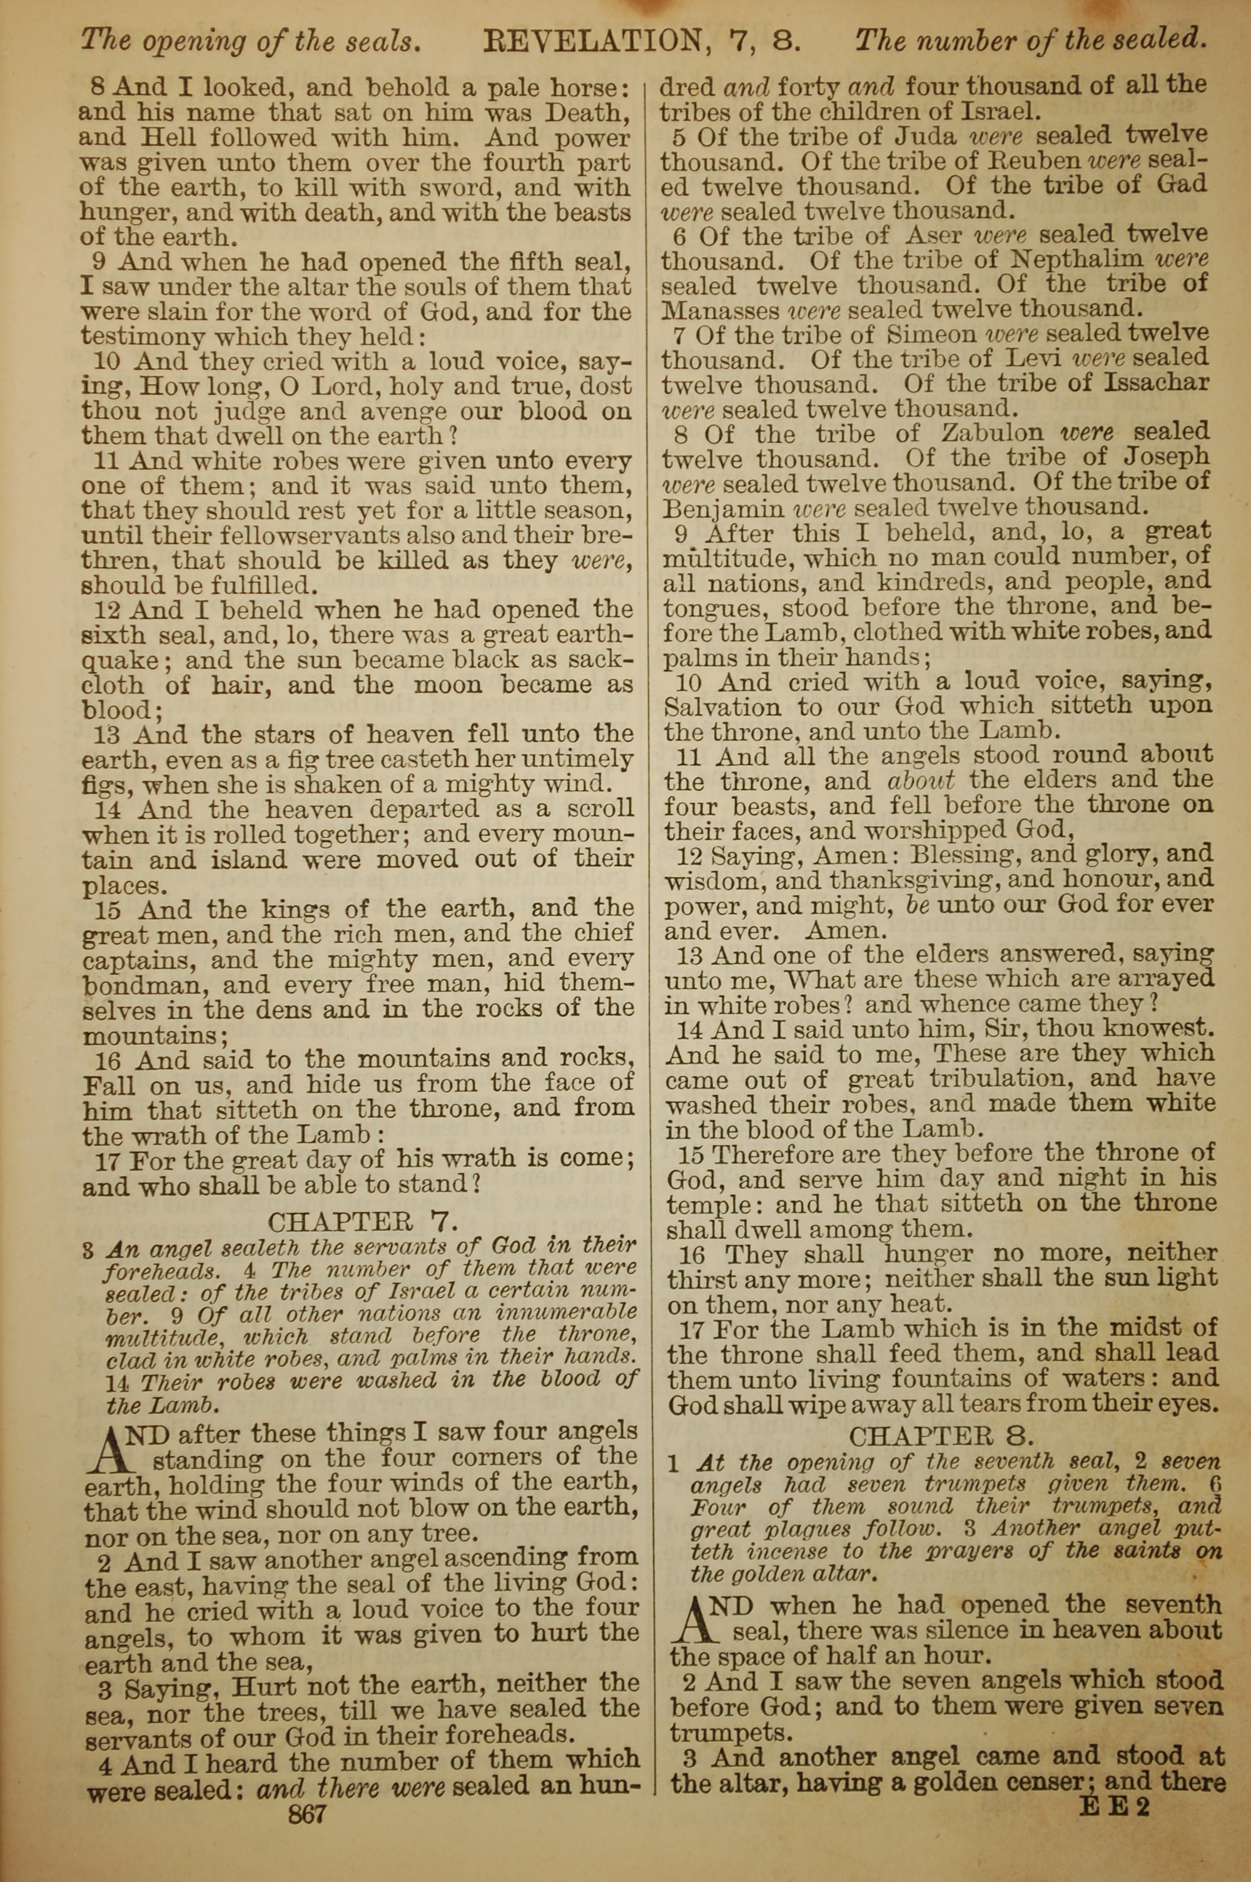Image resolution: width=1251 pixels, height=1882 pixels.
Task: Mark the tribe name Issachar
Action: click(1155, 383)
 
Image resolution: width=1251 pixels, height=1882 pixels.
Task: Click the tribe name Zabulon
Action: click(991, 434)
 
